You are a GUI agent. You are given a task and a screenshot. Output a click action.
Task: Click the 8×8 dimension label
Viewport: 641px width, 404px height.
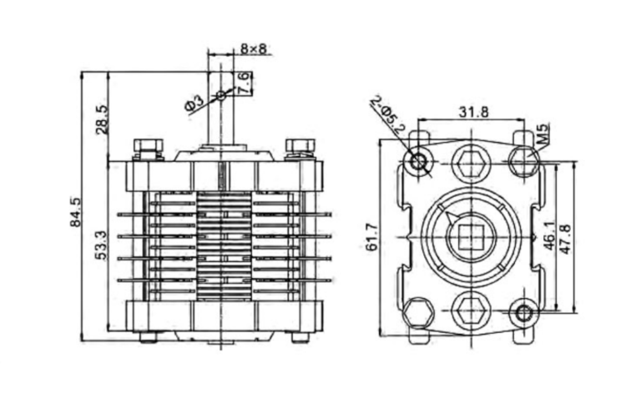[253, 49]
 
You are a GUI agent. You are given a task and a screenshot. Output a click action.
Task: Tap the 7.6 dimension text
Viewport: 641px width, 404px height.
[243, 83]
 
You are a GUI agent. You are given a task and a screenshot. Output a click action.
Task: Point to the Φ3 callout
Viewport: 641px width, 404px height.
[194, 103]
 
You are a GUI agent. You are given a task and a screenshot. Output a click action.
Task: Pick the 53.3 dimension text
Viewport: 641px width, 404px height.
[101, 245]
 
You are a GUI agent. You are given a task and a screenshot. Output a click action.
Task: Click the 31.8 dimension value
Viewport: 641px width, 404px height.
[473, 111]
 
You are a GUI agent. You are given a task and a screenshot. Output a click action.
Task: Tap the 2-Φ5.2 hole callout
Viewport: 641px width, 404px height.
[389, 115]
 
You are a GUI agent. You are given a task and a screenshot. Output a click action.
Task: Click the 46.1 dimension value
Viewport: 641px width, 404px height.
[551, 236]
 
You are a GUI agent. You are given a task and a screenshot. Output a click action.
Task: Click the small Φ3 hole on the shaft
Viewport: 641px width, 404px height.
[220, 96]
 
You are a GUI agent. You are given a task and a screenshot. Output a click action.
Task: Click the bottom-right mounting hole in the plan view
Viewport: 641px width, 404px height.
[523, 314]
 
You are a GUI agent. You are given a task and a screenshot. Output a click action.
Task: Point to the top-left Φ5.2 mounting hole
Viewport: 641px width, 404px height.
[417, 159]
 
